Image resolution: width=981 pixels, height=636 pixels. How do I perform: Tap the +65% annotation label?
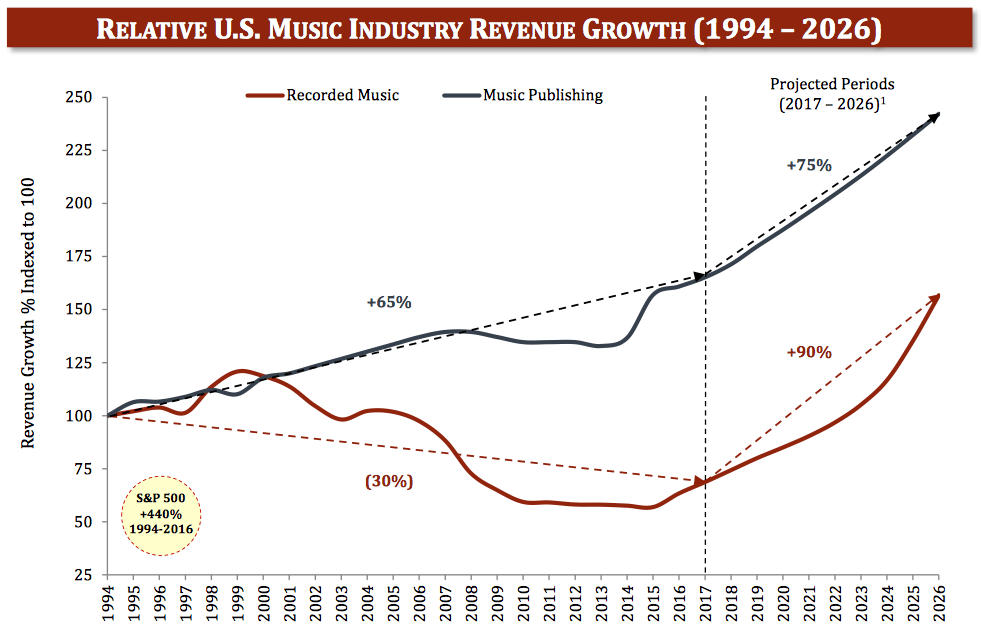pos(389,302)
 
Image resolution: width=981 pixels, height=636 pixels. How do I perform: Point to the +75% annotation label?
pos(809,165)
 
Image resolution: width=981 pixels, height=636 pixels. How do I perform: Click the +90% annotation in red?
pos(809,352)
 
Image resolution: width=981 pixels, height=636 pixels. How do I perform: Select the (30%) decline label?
pos(389,481)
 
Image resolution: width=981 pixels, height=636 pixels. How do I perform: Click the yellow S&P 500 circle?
pos(160,518)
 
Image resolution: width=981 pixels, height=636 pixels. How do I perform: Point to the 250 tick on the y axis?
pos(78,98)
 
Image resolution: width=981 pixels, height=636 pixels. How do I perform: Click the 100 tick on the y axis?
pos(78,416)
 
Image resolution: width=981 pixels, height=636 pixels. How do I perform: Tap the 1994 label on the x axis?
pos(108,603)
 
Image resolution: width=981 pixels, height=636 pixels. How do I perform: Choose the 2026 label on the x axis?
pos(940,603)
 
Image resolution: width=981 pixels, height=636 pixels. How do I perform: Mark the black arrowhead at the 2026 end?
pos(935,117)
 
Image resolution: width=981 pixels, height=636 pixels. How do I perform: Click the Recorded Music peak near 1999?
pos(240,371)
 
